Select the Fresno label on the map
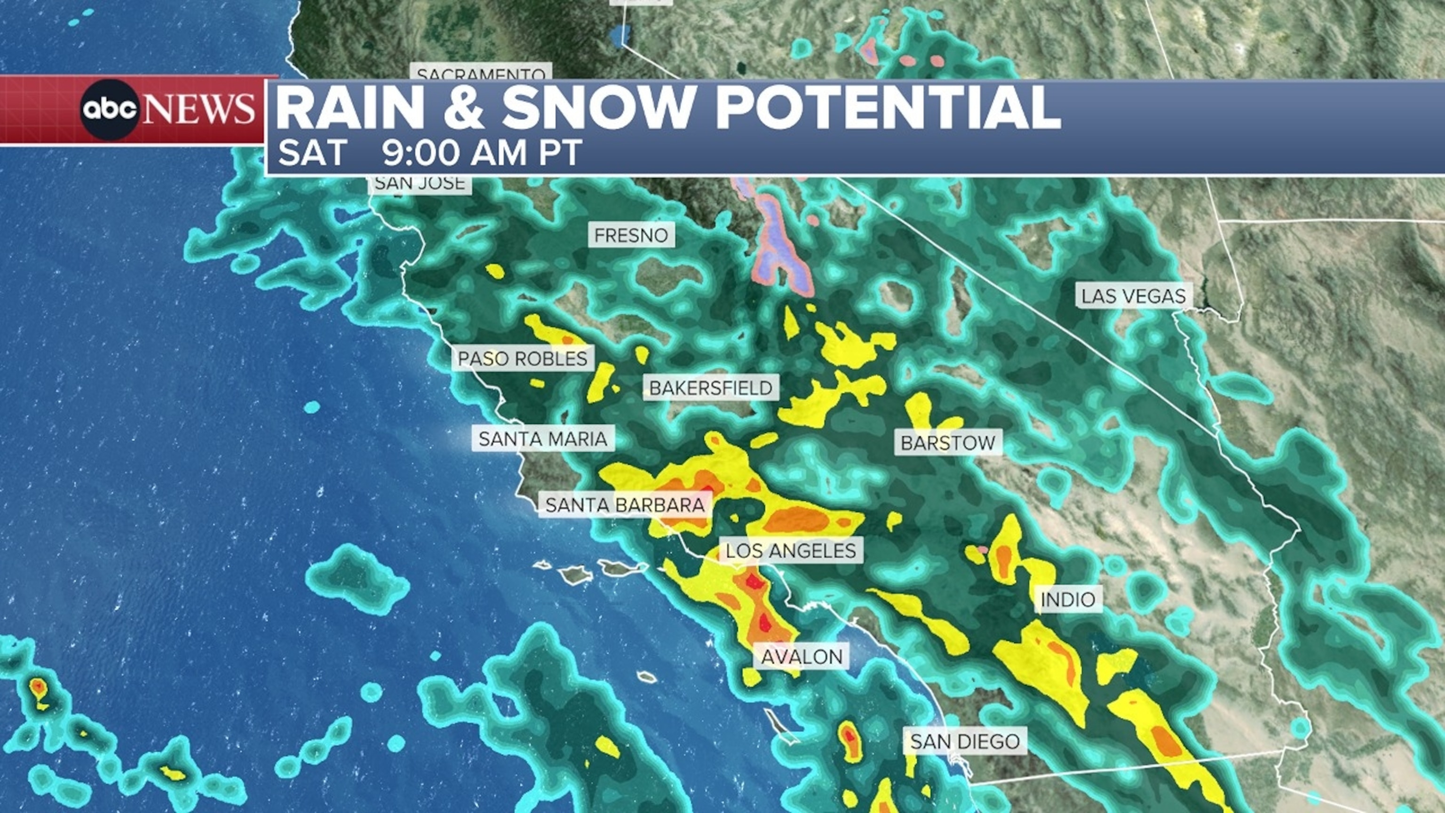[x=631, y=236]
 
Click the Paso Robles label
[x=523, y=359]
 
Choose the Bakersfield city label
[x=711, y=388]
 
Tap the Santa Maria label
[x=543, y=439]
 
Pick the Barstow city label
[x=948, y=443]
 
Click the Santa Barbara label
[x=625, y=505]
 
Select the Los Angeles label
[x=791, y=551]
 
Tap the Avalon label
[x=802, y=656]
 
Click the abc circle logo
[x=110, y=110]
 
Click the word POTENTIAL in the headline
[x=888, y=108]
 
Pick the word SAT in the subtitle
[x=312, y=152]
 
